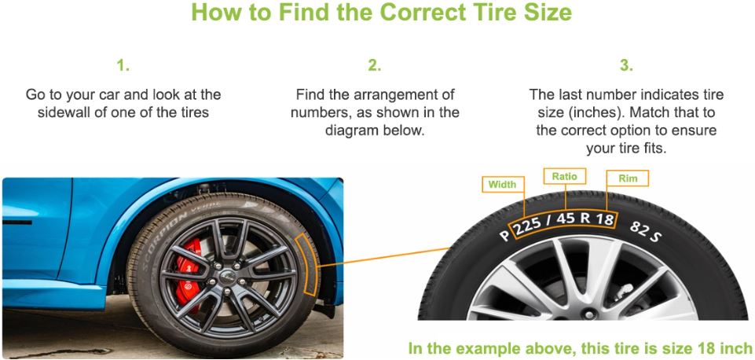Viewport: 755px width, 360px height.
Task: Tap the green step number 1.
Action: click(x=123, y=65)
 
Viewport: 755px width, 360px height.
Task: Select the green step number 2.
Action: click(x=375, y=65)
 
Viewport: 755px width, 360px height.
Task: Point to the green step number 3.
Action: click(x=626, y=65)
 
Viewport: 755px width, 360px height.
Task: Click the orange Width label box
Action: click(x=502, y=185)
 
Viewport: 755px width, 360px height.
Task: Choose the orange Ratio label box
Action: click(x=564, y=176)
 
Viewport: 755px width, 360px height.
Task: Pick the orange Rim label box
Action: click(x=628, y=178)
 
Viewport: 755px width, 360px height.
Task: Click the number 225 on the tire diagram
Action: click(x=528, y=225)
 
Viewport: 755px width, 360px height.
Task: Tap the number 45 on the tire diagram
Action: click(x=566, y=219)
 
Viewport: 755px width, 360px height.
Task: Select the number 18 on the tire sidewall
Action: click(x=604, y=219)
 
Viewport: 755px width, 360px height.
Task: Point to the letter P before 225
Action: click(x=504, y=236)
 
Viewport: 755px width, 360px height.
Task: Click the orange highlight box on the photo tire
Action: click(x=308, y=263)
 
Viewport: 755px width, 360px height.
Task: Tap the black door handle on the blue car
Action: click(x=17, y=222)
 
